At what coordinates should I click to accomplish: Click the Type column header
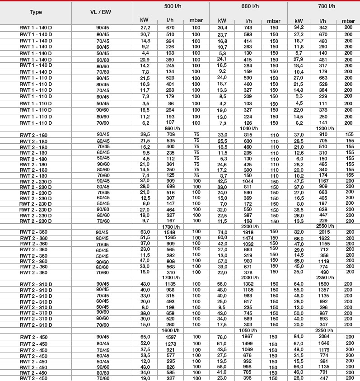point(36,12)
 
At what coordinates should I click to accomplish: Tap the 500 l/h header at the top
point(171,6)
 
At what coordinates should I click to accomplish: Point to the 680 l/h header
point(248,6)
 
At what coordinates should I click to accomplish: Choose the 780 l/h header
point(323,6)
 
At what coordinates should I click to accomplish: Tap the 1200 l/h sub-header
point(325,128)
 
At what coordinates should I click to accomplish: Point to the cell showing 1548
point(170,232)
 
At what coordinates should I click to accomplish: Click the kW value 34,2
point(299,28)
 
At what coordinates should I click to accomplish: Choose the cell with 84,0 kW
point(299,337)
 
